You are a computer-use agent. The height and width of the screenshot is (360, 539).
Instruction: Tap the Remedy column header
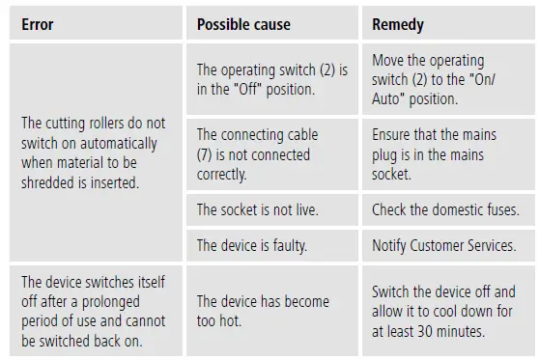click(x=398, y=25)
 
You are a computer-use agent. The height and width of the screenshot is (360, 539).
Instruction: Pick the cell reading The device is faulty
click(x=252, y=245)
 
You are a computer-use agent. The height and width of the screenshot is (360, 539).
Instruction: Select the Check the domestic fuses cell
click(x=445, y=208)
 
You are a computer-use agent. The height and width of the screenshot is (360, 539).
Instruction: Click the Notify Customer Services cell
click(x=444, y=245)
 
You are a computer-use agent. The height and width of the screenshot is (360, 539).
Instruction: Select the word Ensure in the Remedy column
click(x=394, y=135)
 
